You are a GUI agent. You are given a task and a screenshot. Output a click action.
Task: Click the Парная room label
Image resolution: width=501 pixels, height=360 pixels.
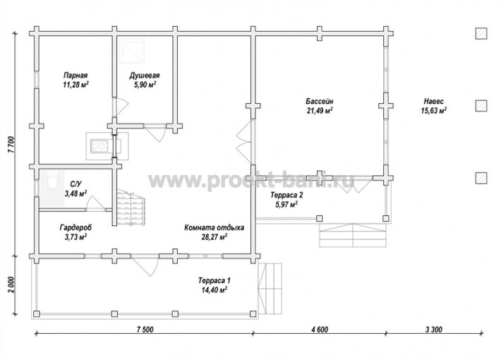[76, 76]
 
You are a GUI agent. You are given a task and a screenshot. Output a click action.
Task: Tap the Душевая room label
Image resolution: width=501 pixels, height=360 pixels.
[145, 76]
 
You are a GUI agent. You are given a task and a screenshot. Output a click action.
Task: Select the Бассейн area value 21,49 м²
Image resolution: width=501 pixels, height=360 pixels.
[320, 111]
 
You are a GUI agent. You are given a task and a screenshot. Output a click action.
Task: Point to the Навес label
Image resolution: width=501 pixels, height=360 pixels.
[433, 102]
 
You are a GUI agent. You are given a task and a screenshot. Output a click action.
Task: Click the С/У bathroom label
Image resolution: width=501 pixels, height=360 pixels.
[76, 184]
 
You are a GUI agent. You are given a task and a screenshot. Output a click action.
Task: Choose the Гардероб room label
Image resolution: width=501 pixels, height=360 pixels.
[76, 227]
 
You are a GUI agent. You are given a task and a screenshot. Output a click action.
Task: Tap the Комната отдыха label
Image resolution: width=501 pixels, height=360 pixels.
[214, 227]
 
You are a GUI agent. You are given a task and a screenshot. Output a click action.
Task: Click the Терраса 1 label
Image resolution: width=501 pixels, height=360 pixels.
[214, 281]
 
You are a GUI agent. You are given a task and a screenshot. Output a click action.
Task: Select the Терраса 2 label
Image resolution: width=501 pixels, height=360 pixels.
[286, 195]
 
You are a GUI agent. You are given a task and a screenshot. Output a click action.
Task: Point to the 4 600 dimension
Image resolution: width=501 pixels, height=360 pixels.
[319, 330]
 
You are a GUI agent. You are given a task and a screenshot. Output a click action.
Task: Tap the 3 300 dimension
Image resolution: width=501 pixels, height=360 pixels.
[433, 330]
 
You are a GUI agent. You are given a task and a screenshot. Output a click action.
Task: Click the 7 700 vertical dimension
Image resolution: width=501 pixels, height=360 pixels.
[11, 145]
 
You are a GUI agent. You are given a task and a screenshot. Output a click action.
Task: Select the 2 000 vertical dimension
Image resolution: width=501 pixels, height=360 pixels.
[11, 285]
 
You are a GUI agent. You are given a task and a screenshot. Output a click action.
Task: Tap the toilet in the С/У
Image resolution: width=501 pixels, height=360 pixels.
[52, 180]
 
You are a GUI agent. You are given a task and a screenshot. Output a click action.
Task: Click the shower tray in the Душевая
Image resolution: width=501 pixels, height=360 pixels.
[131, 50]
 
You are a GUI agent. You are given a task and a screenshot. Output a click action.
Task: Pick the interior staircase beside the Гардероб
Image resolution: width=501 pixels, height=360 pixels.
[131, 208]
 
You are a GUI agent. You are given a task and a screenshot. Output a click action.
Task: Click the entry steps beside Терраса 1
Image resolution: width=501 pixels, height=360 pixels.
[270, 289]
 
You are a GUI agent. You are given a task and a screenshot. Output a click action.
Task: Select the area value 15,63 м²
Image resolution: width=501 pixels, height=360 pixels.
[433, 111]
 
